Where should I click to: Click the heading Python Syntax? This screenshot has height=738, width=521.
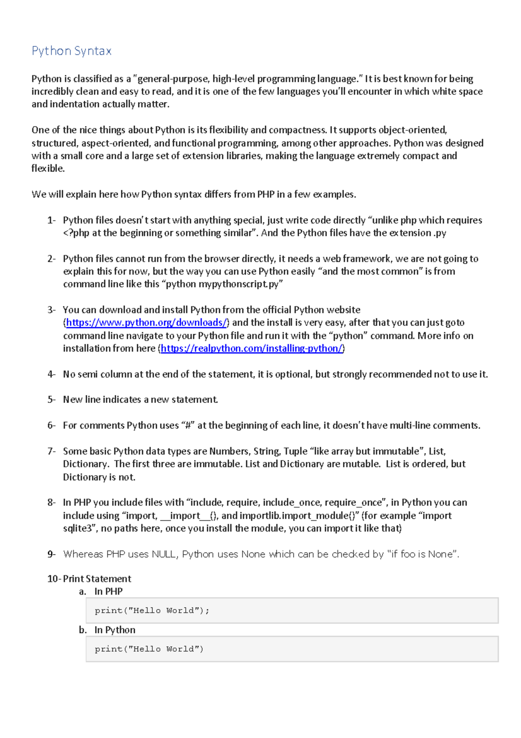pyautogui.click(x=72, y=51)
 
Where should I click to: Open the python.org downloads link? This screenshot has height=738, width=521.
pyautogui.click(x=146, y=322)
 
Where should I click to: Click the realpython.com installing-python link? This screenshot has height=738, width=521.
pyautogui.click(x=251, y=348)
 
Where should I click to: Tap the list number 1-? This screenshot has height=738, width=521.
pyautogui.click(x=51, y=220)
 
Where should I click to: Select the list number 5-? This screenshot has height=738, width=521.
pyautogui.click(x=51, y=399)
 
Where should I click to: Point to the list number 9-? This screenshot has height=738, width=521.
pyautogui.click(x=51, y=554)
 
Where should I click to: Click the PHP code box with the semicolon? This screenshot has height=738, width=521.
pyautogui.click(x=292, y=610)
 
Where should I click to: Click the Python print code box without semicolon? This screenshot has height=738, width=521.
pyautogui.click(x=292, y=649)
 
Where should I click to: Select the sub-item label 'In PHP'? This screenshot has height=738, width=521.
pyautogui.click(x=109, y=592)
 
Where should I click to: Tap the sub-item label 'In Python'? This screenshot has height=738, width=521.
pyautogui.click(x=115, y=630)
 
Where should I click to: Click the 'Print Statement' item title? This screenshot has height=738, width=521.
pyautogui.click(x=97, y=579)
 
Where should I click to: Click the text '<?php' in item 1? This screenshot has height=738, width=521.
pyautogui.click(x=76, y=233)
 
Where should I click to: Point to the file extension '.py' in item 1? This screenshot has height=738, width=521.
pyautogui.click(x=440, y=233)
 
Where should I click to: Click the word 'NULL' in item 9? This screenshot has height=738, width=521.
pyautogui.click(x=164, y=554)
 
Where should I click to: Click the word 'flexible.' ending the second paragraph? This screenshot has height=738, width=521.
pyautogui.click(x=48, y=169)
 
